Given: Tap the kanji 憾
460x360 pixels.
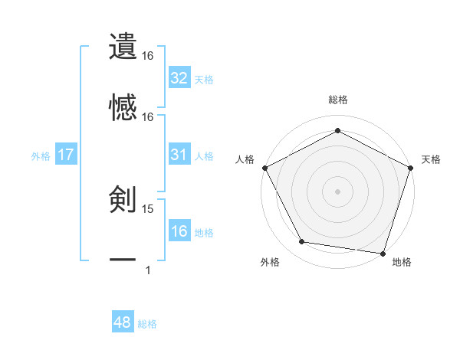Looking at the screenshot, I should pos(123,108).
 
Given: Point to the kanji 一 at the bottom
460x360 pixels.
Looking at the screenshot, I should pos(123,260).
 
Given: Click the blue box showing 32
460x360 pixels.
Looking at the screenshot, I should pos(179,78).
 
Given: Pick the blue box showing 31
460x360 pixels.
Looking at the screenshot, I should pos(179,155).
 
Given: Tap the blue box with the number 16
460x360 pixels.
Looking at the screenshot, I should pos(179,231).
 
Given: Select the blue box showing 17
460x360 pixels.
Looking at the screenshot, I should pos(66,155).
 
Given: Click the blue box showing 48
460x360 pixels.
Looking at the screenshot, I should pos(122,322).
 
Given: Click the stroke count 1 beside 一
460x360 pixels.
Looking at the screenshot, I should pos(147,270).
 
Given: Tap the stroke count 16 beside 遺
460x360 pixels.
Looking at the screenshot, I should pos(148,57).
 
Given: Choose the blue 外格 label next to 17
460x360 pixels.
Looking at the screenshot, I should pos(41,155).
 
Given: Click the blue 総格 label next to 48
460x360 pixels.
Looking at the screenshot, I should pos(147,324).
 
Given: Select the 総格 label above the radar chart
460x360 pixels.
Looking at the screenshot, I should pos(337,100).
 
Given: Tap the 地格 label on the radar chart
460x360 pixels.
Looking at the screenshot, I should pos(402,262).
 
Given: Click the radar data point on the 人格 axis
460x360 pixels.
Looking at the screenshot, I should pos(264,167).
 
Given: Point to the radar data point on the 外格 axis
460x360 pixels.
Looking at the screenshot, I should pos(302,242).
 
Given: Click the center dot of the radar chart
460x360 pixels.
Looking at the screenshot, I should pos(337,191).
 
